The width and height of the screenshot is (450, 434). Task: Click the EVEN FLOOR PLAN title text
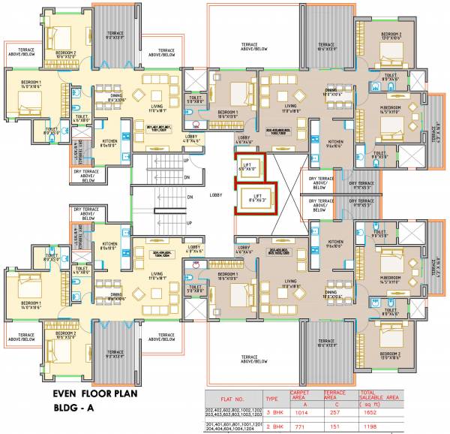click(x=100, y=393)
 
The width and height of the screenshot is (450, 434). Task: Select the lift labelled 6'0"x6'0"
click(x=247, y=169)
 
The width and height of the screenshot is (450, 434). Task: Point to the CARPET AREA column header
click(x=303, y=395)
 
